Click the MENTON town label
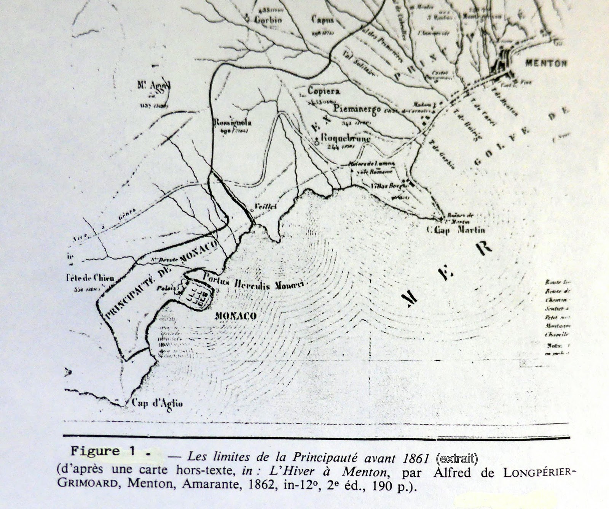pos(546,63)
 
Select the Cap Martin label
pos(456,230)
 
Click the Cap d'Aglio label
pos(157,403)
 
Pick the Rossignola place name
pos(233,123)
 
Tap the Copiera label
pos(324,91)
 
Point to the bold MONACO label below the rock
pos(236,316)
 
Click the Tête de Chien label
pos(90,278)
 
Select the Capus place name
pos(322,19)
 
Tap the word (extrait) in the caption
pos(456,459)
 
